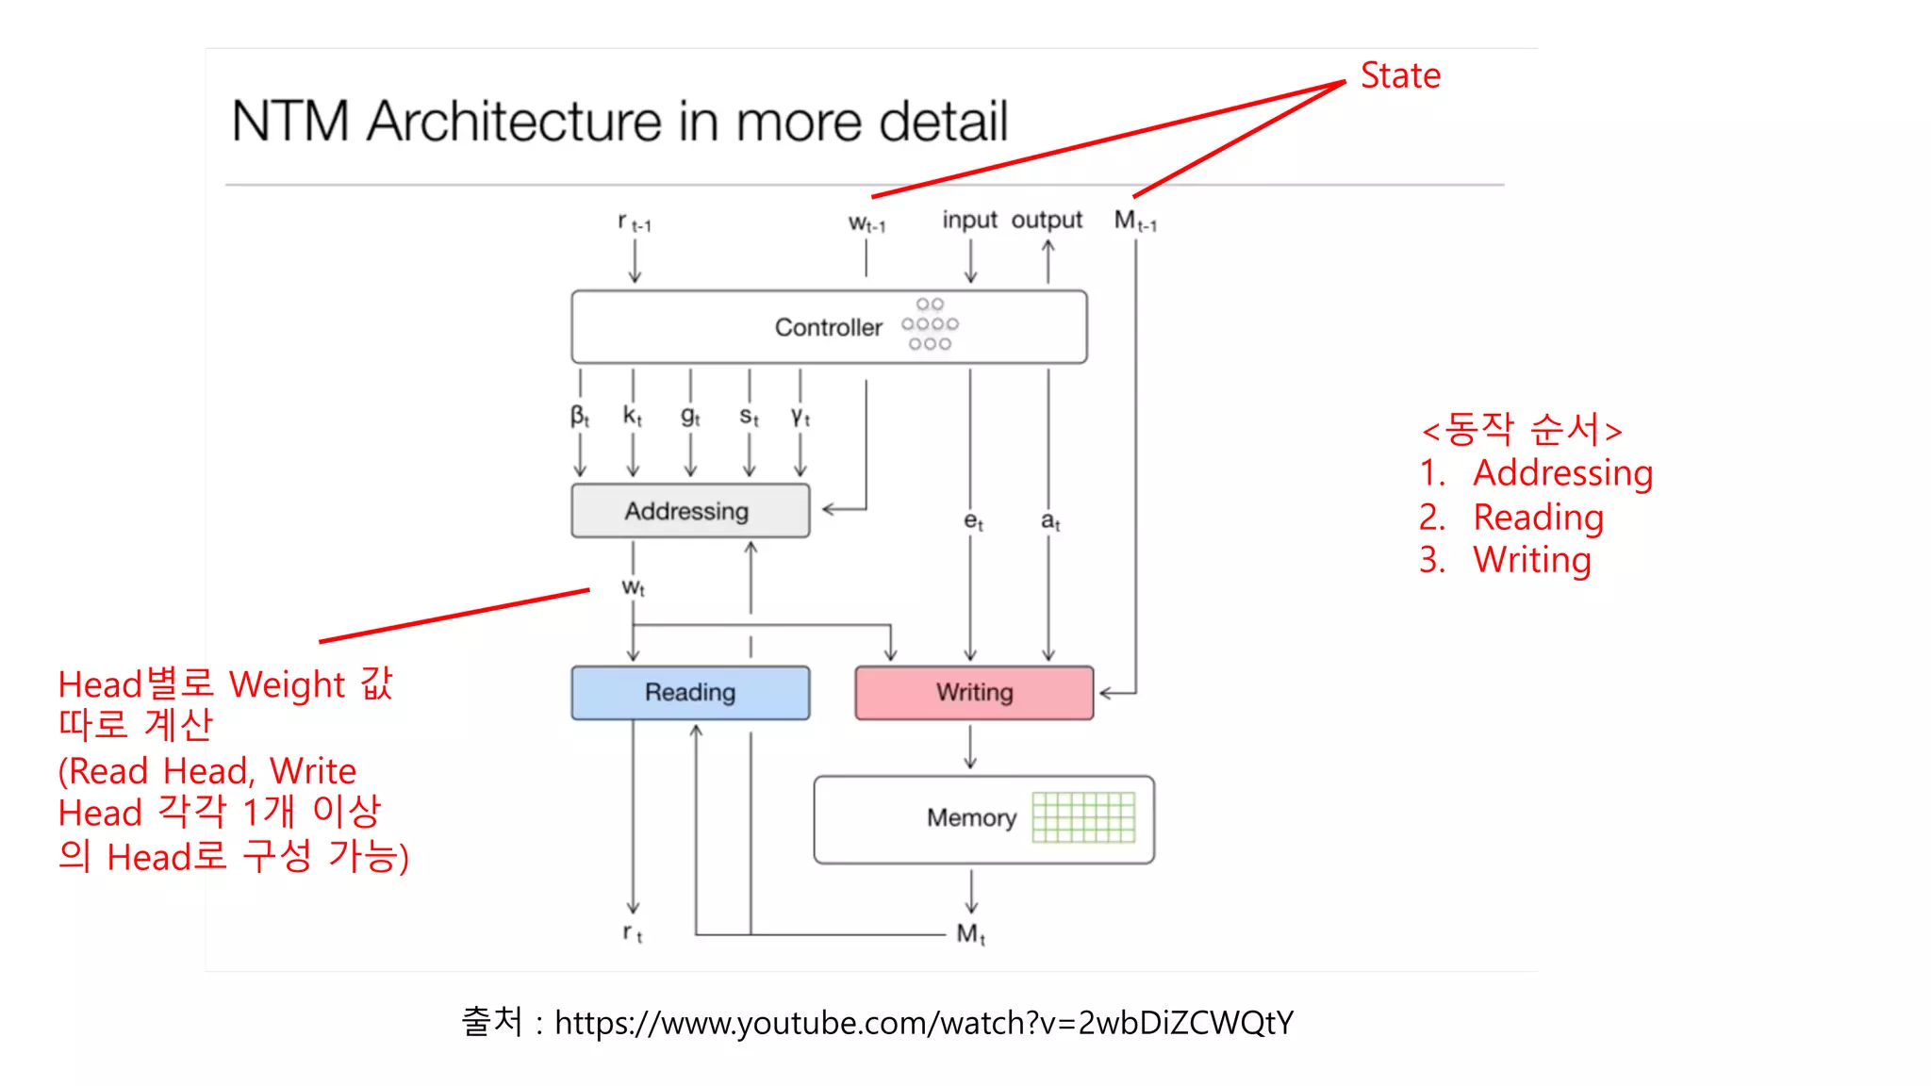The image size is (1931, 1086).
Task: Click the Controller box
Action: [x=828, y=327]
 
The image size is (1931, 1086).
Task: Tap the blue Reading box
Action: [x=689, y=693]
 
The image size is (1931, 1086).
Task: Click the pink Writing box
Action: [x=974, y=693]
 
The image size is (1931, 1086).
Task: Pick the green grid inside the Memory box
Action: [x=1083, y=816]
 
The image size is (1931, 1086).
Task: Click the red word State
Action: [x=1400, y=75]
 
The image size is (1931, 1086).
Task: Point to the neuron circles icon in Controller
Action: [x=930, y=324]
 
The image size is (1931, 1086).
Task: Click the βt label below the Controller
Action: [x=580, y=416]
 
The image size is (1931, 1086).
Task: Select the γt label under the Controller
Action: [x=800, y=416]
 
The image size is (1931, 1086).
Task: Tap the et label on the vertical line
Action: [x=973, y=520]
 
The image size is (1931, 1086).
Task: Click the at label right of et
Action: [x=1050, y=520]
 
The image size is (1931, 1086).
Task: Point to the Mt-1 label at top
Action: [x=1135, y=222]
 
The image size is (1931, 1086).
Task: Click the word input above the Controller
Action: [x=969, y=220]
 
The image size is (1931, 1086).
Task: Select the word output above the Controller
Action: [x=1047, y=220]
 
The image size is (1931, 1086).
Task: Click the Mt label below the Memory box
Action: [x=970, y=933]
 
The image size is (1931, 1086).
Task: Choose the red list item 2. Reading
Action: [x=1511, y=517]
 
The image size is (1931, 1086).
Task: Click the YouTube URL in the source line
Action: [x=924, y=1023]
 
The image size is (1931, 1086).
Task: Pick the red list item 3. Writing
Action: [x=1506, y=560]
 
